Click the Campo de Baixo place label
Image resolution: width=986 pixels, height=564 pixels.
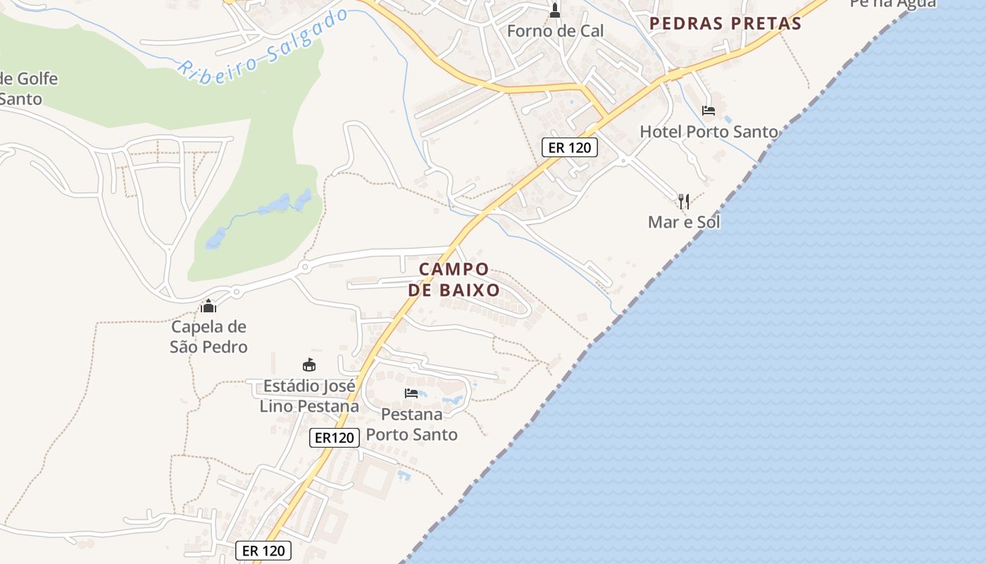(x=454, y=279)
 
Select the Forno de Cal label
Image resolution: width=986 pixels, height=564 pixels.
(x=555, y=31)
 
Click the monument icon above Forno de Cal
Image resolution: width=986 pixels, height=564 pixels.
(x=555, y=10)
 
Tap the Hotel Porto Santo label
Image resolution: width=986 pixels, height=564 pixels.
(x=709, y=132)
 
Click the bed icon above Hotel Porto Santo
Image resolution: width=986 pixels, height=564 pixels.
(x=709, y=111)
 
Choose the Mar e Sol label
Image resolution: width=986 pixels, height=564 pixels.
(x=684, y=222)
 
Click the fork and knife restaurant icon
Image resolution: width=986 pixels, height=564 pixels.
(x=683, y=202)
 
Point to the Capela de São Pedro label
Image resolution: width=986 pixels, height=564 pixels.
(x=208, y=337)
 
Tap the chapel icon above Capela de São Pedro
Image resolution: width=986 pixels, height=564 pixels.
(x=208, y=306)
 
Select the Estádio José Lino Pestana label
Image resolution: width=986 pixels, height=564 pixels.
(x=309, y=396)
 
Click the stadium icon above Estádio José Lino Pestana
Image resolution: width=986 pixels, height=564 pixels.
(x=308, y=364)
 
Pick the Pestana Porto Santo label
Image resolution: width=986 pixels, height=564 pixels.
(x=411, y=424)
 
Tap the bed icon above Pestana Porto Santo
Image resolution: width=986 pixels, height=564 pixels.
(x=411, y=393)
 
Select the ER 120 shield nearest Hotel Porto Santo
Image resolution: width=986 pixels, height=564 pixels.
(x=570, y=147)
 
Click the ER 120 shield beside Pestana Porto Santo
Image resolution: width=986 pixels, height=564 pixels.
(x=335, y=438)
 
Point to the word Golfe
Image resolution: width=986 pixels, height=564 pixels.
(x=37, y=78)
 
